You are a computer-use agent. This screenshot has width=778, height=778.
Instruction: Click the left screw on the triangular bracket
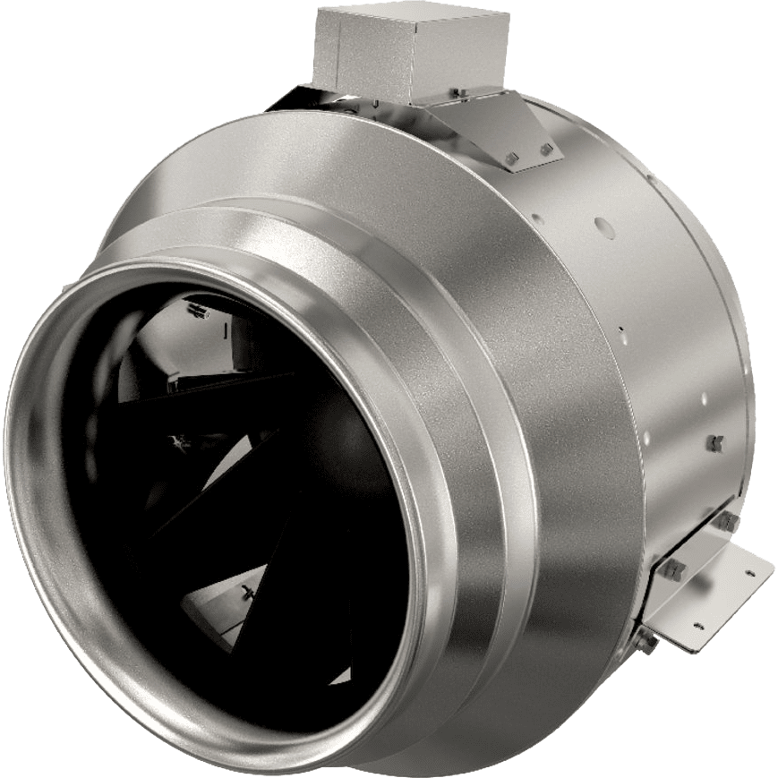pyautogui.click(x=511, y=159)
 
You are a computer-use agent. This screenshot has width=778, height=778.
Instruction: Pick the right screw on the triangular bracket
pyautogui.click(x=544, y=148)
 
